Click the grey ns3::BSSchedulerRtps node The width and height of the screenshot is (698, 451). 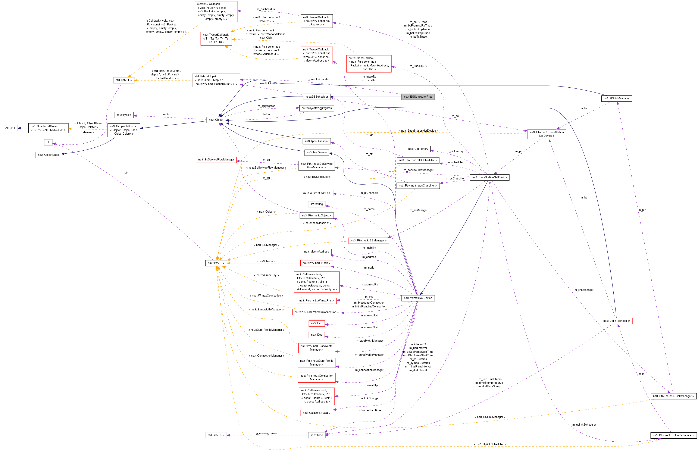418,97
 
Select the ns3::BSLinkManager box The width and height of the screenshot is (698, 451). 616,98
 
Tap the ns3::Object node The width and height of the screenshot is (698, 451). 216,120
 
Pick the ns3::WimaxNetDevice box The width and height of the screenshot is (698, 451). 418,298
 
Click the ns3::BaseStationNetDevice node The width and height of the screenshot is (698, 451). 489,177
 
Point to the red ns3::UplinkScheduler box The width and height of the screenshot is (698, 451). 616,321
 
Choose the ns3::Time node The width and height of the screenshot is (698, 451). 316,435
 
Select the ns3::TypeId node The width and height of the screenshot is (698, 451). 124,115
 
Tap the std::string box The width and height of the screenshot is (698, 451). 316,204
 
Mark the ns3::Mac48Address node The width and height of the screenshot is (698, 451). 316,251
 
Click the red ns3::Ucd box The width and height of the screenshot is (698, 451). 316,323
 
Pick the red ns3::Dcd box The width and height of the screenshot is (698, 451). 316,334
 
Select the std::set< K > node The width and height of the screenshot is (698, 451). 216,435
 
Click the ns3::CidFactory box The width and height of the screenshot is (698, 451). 418,149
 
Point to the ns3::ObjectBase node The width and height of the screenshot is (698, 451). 48,155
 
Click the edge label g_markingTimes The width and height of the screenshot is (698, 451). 266,433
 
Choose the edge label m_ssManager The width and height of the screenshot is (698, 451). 418,210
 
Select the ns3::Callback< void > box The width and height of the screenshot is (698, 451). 316,413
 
